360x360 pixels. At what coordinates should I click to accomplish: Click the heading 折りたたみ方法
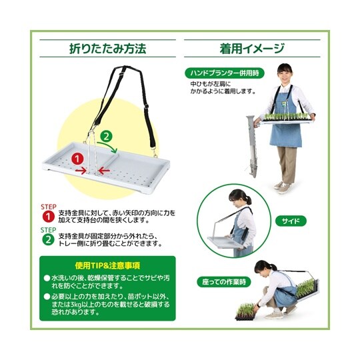[x=107, y=49]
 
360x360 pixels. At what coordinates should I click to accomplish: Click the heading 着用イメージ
[x=252, y=49]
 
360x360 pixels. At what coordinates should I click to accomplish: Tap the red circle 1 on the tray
[x=77, y=159]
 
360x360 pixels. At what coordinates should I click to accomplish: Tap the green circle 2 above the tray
[x=105, y=137]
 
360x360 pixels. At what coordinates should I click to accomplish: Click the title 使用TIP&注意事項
[x=107, y=265]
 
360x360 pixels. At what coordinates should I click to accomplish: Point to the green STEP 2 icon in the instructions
[x=48, y=239]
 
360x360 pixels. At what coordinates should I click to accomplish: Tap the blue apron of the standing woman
[x=285, y=130]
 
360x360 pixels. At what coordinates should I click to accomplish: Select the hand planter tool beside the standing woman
[x=251, y=150]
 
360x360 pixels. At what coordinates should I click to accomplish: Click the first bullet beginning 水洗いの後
[x=107, y=281]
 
